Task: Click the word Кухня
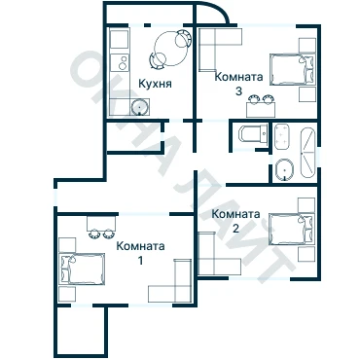[155, 84]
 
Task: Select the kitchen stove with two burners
[120, 62]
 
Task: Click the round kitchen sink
[140, 107]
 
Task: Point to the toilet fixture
[252, 133]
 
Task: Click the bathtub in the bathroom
[307, 153]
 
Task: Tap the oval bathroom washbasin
[284, 169]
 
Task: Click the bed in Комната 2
[292, 229]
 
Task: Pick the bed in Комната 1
[82, 269]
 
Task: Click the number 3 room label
[238, 90]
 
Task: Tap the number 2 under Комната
[235, 229]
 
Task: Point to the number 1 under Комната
[140, 261]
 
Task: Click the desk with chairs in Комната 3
[261, 106]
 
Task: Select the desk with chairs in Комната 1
[101, 227]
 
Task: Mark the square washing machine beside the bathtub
[281, 136]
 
